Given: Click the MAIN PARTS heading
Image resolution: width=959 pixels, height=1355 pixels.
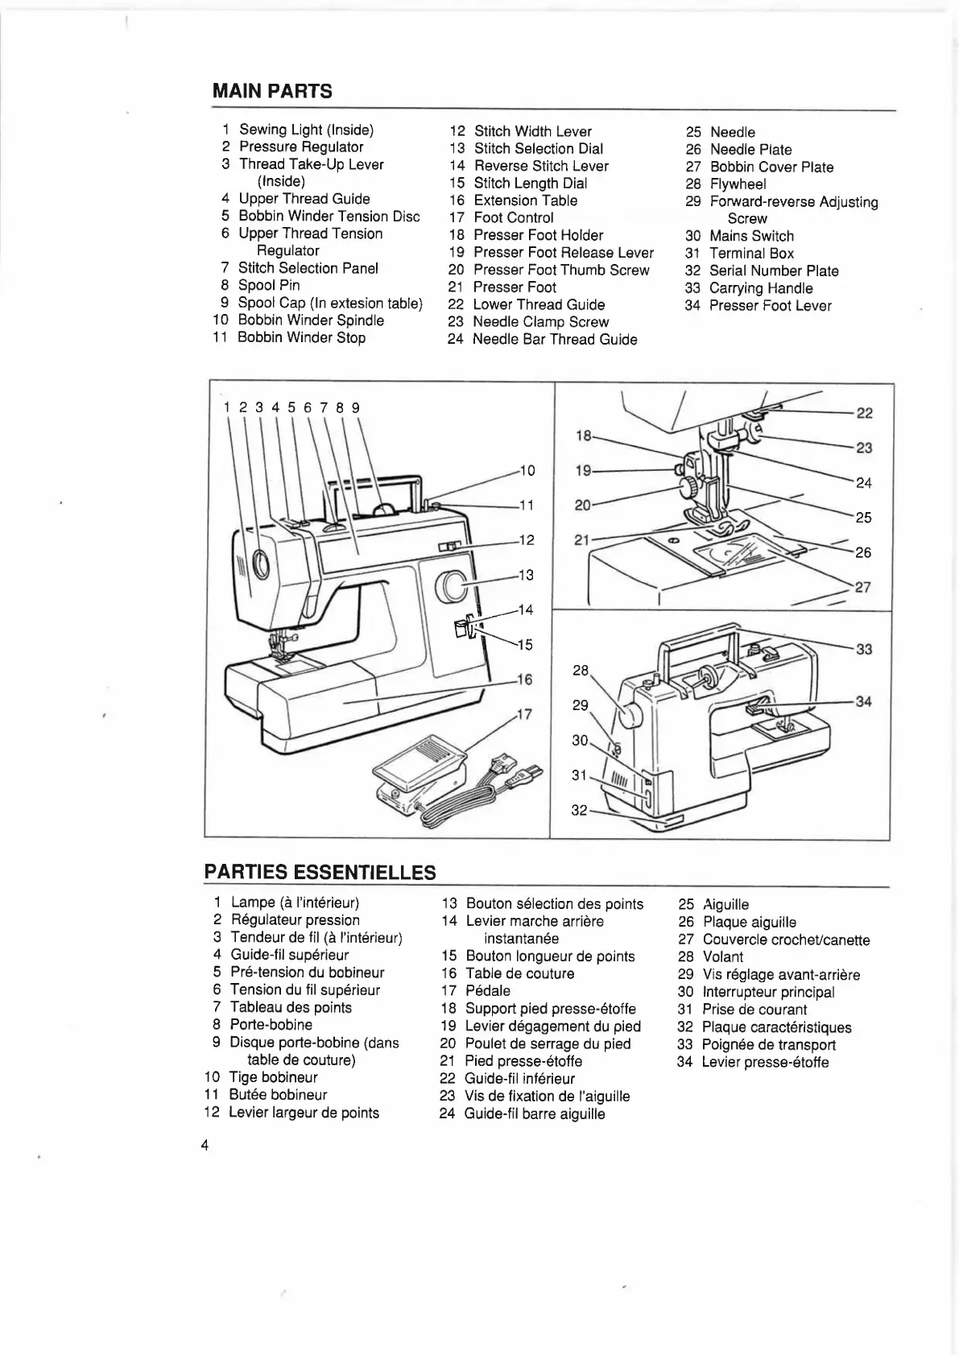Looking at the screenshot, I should pyautogui.click(x=271, y=91).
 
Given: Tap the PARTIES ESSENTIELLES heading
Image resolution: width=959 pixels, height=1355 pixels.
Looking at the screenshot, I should pyautogui.click(x=320, y=872).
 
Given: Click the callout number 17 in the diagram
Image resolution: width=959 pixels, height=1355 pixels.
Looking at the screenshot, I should pyautogui.click(x=524, y=713).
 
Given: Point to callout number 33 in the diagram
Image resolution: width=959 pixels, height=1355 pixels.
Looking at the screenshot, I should pyautogui.click(x=864, y=649).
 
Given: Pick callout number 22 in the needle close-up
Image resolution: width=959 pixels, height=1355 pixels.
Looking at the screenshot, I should pyautogui.click(x=864, y=413).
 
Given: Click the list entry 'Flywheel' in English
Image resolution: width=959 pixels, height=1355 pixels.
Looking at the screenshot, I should pyautogui.click(x=738, y=184).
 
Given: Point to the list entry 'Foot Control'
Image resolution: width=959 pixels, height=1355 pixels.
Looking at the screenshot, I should pyautogui.click(x=513, y=217).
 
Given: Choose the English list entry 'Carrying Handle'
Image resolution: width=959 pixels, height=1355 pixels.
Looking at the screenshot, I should pyautogui.click(x=761, y=288).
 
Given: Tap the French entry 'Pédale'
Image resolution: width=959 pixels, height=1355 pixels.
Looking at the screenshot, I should pyautogui.click(x=488, y=990).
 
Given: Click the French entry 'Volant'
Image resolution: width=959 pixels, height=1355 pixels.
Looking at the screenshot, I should pyautogui.click(x=722, y=956).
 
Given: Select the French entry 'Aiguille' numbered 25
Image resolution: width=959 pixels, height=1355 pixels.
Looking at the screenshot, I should pyautogui.click(x=725, y=904).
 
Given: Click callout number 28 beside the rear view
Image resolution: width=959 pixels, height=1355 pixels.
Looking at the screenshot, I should pyautogui.click(x=581, y=670).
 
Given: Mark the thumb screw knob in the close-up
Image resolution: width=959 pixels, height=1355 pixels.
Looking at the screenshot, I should pyautogui.click(x=690, y=486).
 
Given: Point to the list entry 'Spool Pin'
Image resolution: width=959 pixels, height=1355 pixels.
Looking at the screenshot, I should pyautogui.click(x=269, y=285).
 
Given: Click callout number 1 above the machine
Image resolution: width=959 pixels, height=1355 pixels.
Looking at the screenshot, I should pyautogui.click(x=227, y=407).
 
